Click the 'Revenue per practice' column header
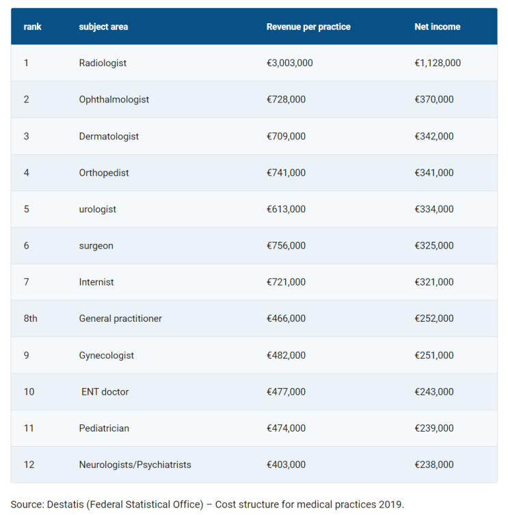[308, 27]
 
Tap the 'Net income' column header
[438, 27]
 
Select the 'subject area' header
[103, 27]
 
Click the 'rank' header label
[33, 27]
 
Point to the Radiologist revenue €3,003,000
[290, 63]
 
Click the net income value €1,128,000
[438, 63]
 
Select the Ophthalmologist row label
[113, 100]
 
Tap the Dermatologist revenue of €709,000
[286, 136]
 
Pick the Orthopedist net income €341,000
[434, 172]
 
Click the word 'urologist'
[97, 209]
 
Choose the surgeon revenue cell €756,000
[286, 245]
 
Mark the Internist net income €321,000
[434, 282]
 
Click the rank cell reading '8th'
[30, 318]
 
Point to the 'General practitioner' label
[120, 318]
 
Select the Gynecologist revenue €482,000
[286, 355]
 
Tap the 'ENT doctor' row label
[105, 391]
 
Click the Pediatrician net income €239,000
[434, 428]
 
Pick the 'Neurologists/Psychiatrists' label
[135, 464]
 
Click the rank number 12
[29, 464]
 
